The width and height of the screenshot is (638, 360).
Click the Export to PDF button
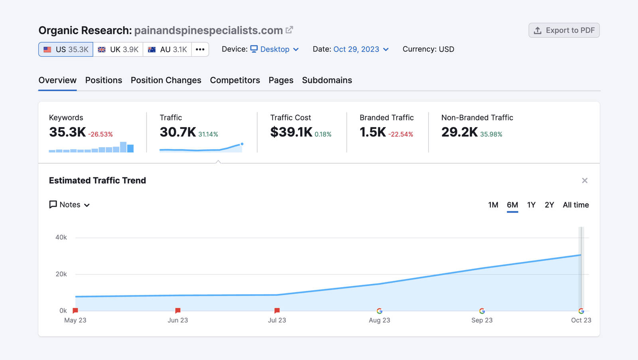click(x=564, y=30)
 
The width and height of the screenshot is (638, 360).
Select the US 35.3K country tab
click(x=66, y=49)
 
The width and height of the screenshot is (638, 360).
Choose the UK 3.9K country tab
click(x=118, y=49)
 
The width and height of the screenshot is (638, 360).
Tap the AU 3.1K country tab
click(x=167, y=49)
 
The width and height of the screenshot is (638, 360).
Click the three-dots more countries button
click(x=200, y=49)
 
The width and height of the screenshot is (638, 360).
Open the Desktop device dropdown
click(x=275, y=49)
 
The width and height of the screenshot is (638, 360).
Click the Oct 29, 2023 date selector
click(x=361, y=49)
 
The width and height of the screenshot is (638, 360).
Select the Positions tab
click(x=104, y=80)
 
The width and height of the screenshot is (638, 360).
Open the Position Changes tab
click(x=166, y=80)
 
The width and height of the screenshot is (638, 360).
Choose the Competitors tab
click(x=235, y=80)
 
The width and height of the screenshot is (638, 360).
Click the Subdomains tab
click(x=327, y=80)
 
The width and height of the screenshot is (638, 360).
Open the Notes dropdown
click(x=69, y=205)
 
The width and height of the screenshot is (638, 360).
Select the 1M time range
click(x=493, y=205)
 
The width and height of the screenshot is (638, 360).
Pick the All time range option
click(x=576, y=205)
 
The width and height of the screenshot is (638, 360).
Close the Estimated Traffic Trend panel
click(x=585, y=181)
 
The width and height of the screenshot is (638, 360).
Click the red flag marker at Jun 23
click(x=178, y=311)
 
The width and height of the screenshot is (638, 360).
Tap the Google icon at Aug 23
click(x=379, y=311)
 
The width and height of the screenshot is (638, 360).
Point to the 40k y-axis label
click(x=61, y=237)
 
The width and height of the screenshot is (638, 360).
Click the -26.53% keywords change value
click(x=100, y=134)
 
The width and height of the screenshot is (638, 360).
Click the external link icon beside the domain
click(x=289, y=30)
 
